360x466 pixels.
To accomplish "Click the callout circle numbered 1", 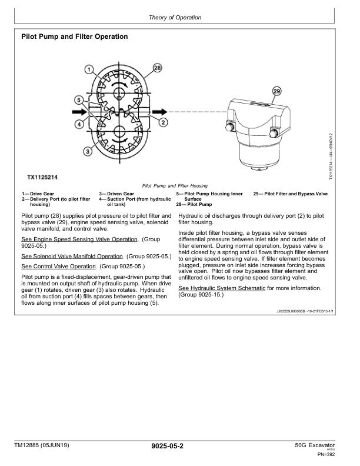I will (x=89, y=70).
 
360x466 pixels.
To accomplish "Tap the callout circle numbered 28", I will (x=157, y=68).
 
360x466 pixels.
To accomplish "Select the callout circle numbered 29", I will (x=277, y=91).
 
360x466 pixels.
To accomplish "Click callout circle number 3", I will (x=87, y=151).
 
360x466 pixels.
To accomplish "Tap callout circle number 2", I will (x=164, y=122).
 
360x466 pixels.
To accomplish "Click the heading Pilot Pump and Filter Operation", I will (x=75, y=36).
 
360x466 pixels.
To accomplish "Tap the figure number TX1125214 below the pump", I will (x=46, y=177).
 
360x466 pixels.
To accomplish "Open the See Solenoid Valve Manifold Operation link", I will (x=72, y=257).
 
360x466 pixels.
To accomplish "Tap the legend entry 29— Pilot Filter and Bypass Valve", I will (x=290, y=193).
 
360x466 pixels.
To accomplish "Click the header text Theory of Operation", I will (x=175, y=18).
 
